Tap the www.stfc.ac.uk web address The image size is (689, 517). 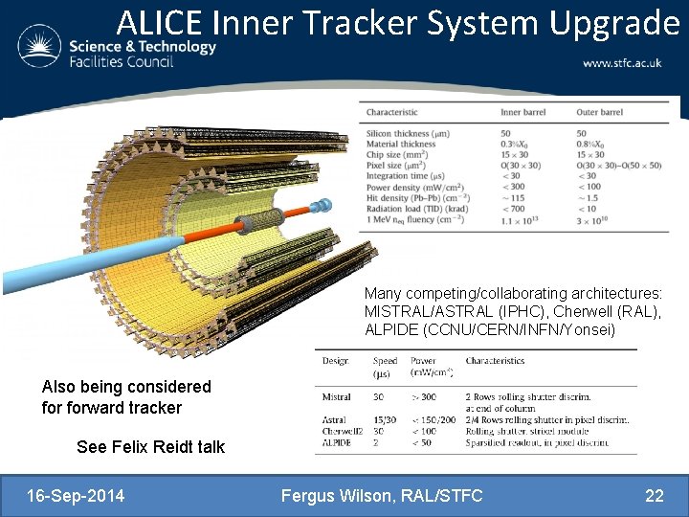tap(621, 62)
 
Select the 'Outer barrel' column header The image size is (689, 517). tap(600, 112)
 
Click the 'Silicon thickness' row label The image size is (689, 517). tap(408, 133)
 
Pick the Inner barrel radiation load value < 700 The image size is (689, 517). tap(513, 209)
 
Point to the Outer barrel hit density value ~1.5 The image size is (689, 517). tap(585, 197)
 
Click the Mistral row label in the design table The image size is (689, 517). tap(336, 396)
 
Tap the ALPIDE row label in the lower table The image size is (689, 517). tap(337, 443)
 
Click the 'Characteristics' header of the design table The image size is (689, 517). tap(495, 361)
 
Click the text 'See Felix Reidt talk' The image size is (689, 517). tap(150, 447)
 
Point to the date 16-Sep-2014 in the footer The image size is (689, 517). tap(76, 496)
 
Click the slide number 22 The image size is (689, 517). tap(655, 496)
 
